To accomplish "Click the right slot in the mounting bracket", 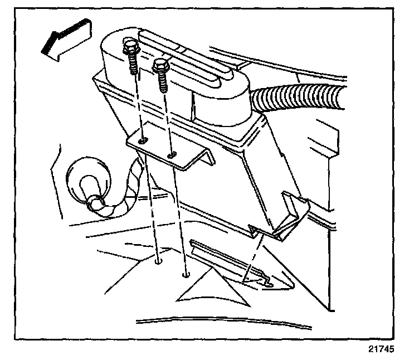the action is pos(172,153).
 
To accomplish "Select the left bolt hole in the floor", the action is pos(159,260).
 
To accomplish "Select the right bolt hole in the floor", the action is pos(185,274).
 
